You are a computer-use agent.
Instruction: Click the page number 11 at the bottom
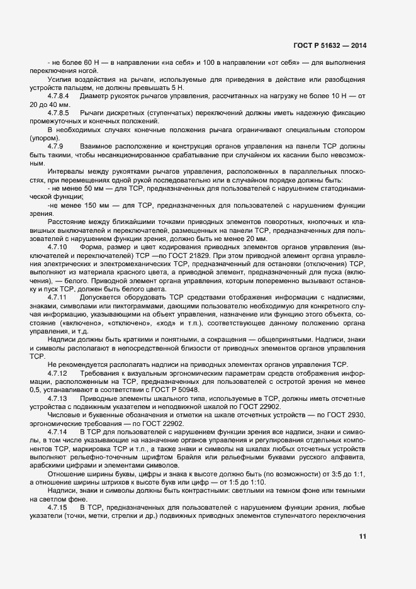pos(362,536)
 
